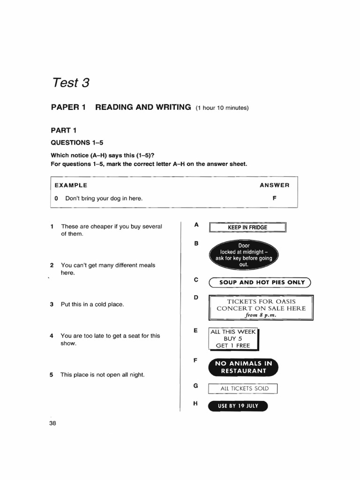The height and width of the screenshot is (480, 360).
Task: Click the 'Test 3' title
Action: pos(70,83)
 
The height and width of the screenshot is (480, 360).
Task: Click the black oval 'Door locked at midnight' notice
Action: pos(244,255)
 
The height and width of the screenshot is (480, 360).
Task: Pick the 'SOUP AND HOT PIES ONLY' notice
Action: pos(260,282)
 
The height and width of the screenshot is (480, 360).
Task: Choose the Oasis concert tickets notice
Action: pos(261,308)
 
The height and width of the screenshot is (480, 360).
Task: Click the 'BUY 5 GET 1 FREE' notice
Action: pos(233,338)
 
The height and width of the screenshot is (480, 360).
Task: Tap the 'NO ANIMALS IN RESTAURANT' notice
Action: pos(243,367)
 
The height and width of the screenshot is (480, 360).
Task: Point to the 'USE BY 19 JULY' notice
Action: pos(238,406)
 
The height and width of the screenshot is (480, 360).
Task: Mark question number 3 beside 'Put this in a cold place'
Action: pos(52,304)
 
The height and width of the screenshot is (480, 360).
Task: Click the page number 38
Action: pos(52,423)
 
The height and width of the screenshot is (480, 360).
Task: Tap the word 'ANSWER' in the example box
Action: pos(274,185)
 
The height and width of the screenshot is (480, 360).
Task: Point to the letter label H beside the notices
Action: pos(196,403)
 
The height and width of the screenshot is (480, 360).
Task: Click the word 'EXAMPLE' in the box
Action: pos(71,185)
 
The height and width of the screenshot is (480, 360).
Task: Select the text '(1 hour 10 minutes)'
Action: pos(222,108)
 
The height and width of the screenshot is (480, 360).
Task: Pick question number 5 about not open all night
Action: pos(52,375)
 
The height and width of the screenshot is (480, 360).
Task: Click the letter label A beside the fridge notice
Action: pos(196,225)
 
